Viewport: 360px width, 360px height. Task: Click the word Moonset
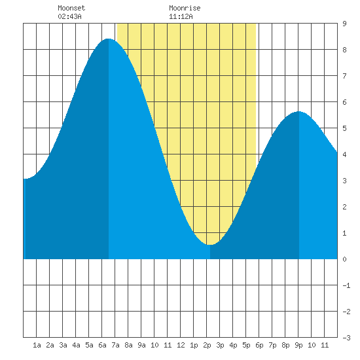pyautogui.click(x=71, y=8)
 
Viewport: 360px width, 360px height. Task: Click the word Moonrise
pyautogui.click(x=185, y=8)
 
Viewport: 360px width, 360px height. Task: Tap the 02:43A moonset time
pyautogui.click(x=69, y=16)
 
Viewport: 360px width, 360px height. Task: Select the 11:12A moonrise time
pyautogui.click(x=181, y=16)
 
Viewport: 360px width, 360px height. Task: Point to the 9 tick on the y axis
pyautogui.click(x=344, y=24)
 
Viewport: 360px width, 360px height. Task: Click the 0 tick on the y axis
pyautogui.click(x=344, y=259)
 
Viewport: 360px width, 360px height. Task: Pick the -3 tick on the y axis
pyautogui.click(x=346, y=338)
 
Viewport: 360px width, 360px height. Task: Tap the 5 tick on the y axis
pyautogui.click(x=344, y=128)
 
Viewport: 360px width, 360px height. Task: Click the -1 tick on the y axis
pyautogui.click(x=346, y=285)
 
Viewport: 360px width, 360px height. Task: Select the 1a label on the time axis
pyautogui.click(x=37, y=345)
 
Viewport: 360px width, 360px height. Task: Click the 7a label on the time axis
pyautogui.click(x=115, y=345)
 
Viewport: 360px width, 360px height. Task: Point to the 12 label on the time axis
pyautogui.click(x=181, y=345)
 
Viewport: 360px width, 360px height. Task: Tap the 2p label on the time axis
pyautogui.click(x=207, y=345)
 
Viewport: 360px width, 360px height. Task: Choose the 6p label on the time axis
pyautogui.click(x=259, y=345)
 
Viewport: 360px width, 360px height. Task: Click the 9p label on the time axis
pyautogui.click(x=298, y=345)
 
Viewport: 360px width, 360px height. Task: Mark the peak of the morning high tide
pyautogui.click(x=109, y=39)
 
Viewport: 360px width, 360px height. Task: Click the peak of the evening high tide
pyautogui.click(x=298, y=111)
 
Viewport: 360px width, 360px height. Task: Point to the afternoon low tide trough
pyautogui.click(x=210, y=245)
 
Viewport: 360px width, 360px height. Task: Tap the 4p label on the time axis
pyautogui.click(x=233, y=345)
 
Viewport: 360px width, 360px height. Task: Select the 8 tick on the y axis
pyautogui.click(x=344, y=50)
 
